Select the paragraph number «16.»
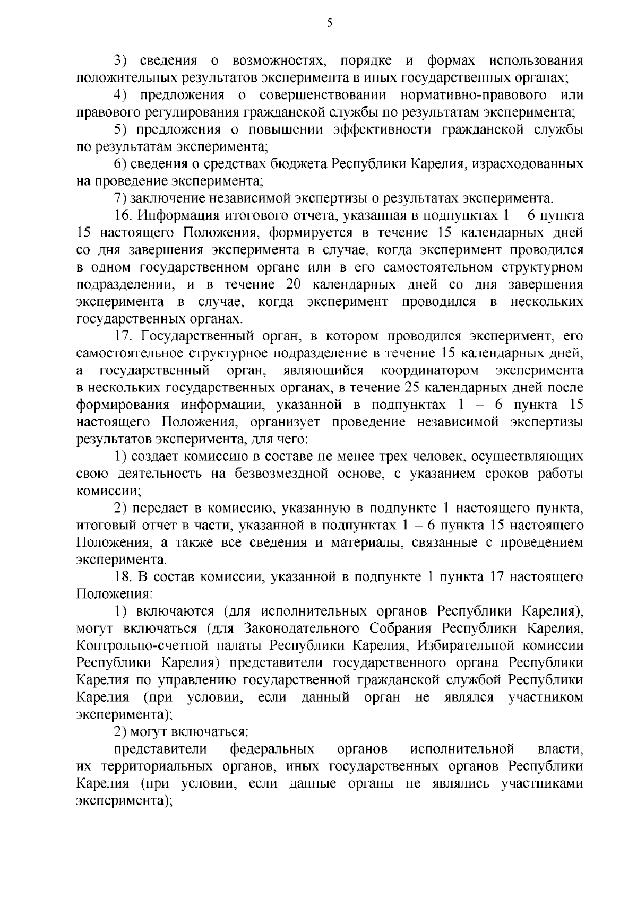coord(123,216)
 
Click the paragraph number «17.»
coord(123,336)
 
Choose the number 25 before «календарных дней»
coord(412,388)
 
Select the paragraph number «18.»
coord(123,576)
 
